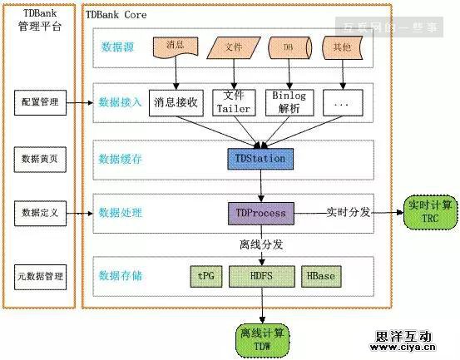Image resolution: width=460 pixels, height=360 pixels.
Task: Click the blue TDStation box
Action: tap(261, 158)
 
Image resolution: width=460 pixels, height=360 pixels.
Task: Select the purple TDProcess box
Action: tap(261, 213)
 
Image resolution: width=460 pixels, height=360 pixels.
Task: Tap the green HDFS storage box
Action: tap(261, 275)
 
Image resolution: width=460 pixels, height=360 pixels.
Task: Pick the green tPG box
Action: tap(207, 275)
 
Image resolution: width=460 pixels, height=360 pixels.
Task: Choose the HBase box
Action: tap(321, 275)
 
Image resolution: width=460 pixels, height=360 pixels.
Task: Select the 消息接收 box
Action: tap(176, 102)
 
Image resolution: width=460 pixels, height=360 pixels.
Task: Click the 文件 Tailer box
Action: tap(233, 102)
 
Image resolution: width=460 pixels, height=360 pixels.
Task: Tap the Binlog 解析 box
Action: tap(289, 102)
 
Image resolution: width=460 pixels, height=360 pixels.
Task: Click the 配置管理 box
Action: tap(40, 102)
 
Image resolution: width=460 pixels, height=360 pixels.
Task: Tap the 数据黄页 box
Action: tap(40, 156)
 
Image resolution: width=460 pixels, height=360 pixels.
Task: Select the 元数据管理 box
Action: tap(40, 275)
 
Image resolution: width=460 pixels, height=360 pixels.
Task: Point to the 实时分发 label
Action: tap(349, 212)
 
